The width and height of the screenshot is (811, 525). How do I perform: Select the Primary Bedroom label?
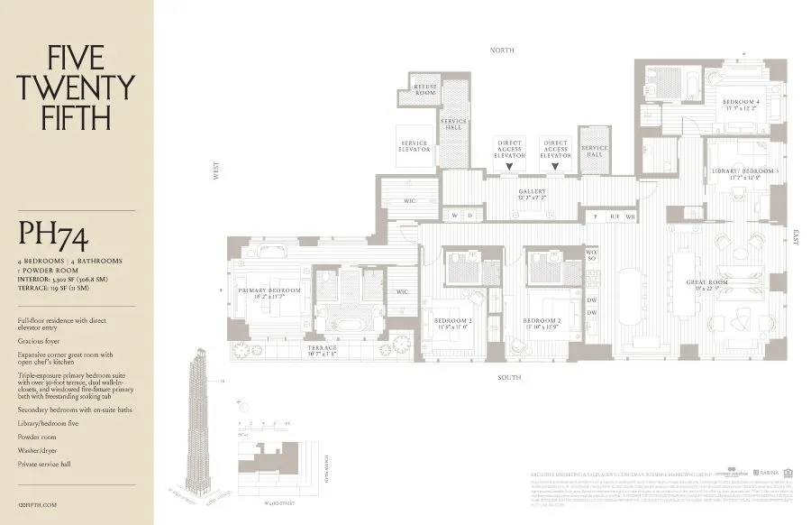[268, 290]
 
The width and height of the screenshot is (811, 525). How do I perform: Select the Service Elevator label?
[415, 146]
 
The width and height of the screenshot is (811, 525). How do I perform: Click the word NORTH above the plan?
[502, 51]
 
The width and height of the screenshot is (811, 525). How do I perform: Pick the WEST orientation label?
[215, 171]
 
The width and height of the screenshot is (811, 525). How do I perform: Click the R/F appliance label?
[615, 216]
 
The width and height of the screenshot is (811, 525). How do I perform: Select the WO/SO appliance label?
[592, 256]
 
